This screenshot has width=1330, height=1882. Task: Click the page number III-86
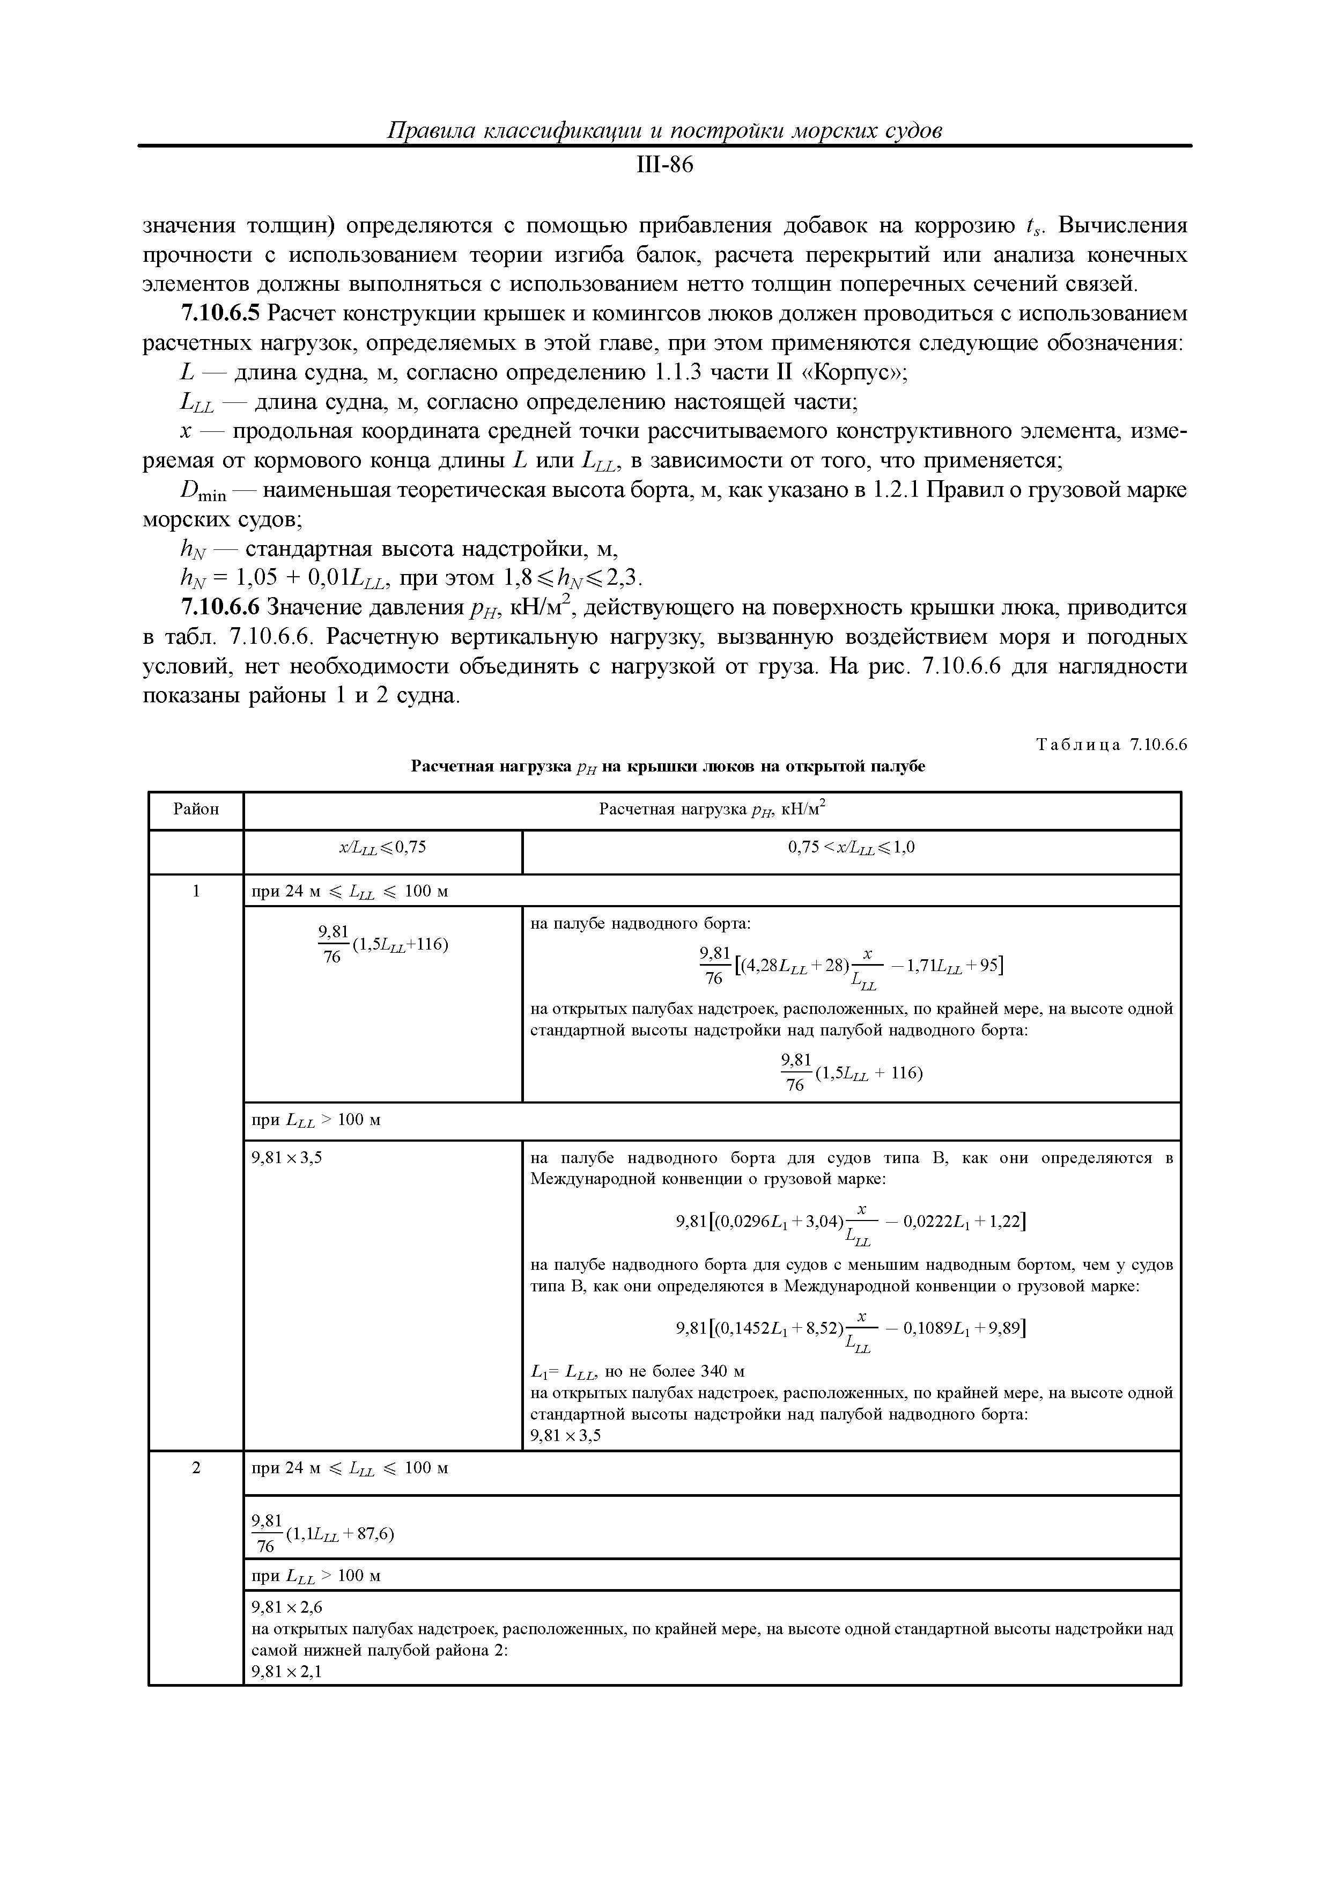(664, 166)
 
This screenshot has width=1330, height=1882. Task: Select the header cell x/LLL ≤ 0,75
(383, 848)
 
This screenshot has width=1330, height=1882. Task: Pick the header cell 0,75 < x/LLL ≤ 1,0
(851, 848)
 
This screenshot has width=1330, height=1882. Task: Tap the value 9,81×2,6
(287, 1608)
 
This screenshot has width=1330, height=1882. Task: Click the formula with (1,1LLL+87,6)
(323, 1534)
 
